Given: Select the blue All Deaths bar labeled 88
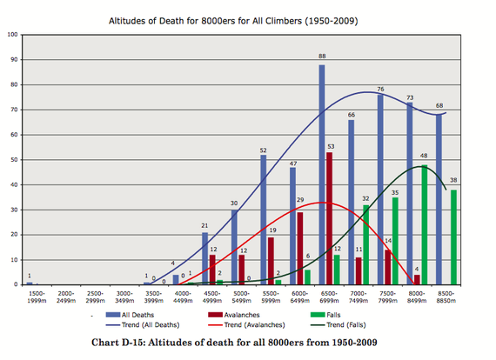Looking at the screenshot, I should [321, 174].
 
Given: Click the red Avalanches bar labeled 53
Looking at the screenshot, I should [329, 218].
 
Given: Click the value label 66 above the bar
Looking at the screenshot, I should [351, 114].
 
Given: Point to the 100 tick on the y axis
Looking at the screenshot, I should [12, 35].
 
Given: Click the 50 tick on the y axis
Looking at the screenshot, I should [13, 160].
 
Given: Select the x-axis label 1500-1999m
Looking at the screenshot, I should [35, 298].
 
